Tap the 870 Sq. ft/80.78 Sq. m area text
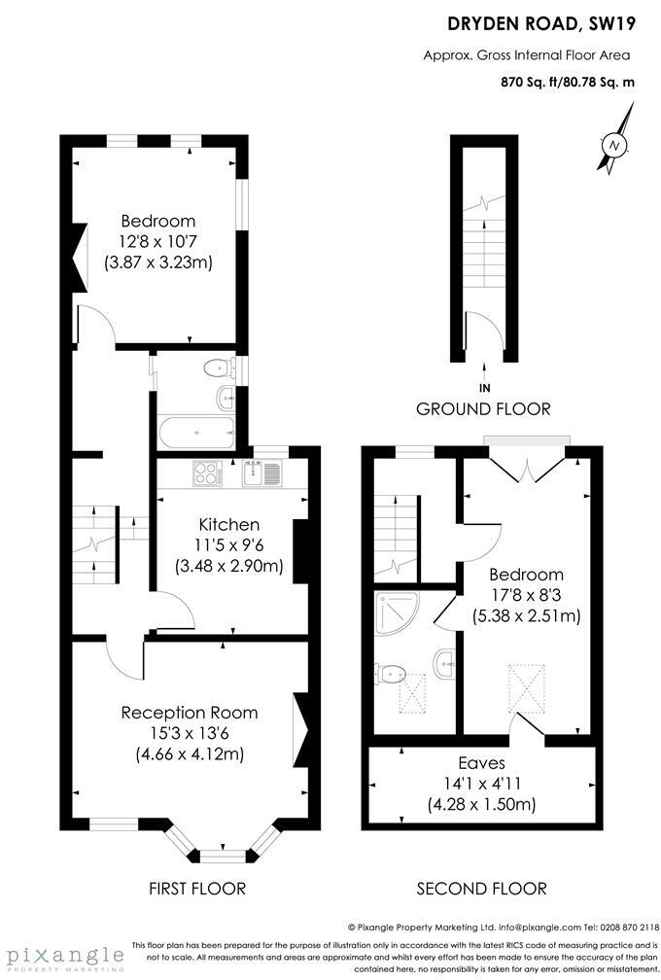[x=568, y=83]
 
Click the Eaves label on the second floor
[x=482, y=763]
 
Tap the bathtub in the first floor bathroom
[x=195, y=432]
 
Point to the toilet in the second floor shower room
[x=393, y=673]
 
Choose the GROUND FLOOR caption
[x=483, y=409]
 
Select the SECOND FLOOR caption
[x=481, y=889]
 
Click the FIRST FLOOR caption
[x=197, y=889]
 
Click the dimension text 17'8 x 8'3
[x=526, y=594]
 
